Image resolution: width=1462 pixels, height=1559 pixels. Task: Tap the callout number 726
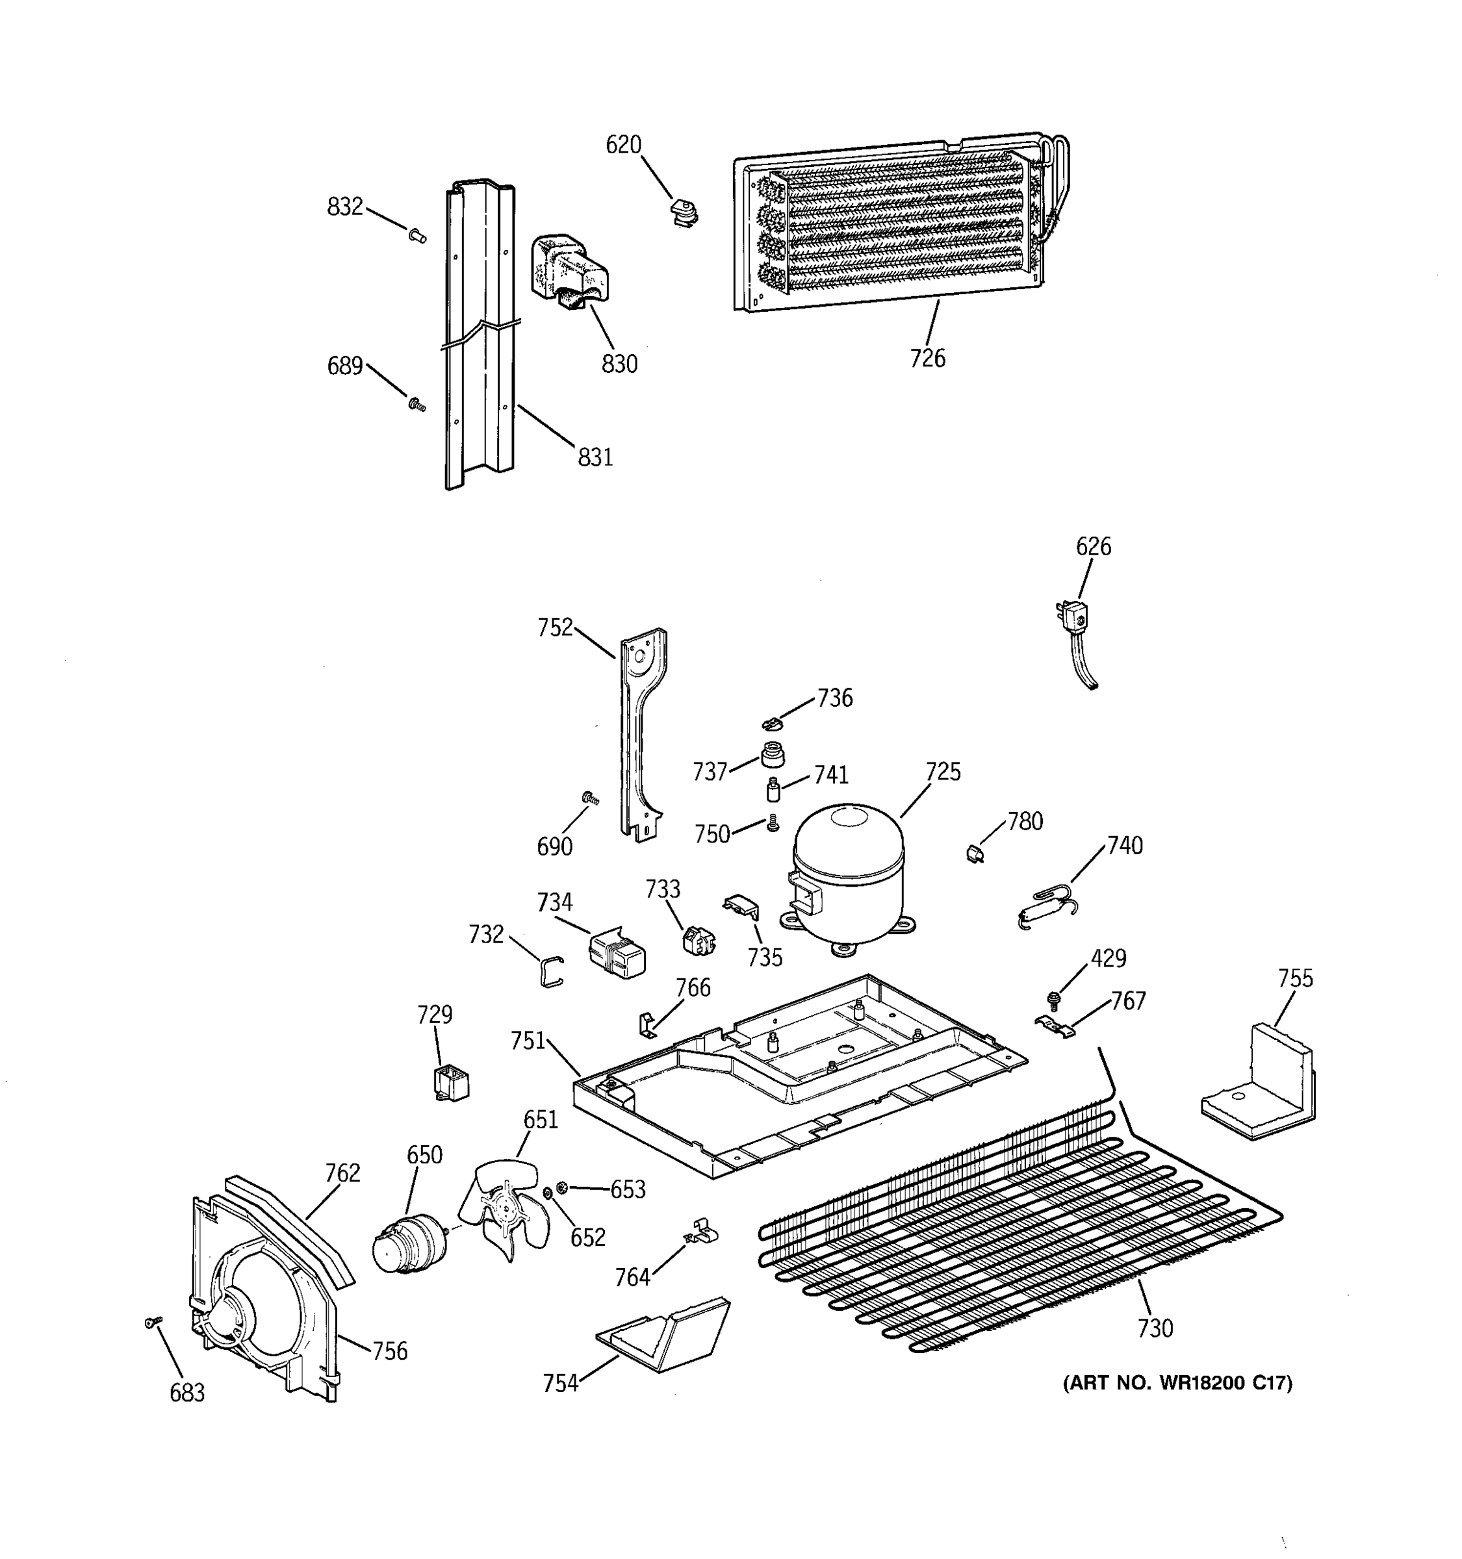[927, 359]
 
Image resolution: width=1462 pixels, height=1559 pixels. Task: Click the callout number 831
[595, 457]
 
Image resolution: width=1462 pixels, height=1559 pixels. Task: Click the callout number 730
[1155, 1328]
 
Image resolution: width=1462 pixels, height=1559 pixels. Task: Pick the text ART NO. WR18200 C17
[1177, 1382]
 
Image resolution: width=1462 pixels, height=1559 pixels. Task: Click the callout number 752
[554, 628]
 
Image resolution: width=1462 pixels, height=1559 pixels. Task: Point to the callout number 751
[528, 1041]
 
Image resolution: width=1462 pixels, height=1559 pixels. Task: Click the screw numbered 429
[1053, 999]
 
